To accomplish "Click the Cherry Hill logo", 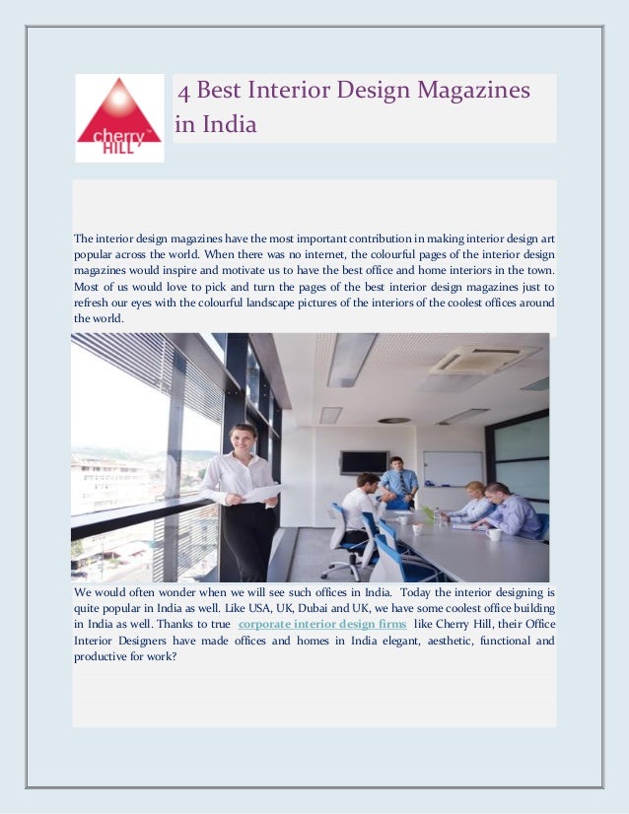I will click(119, 117).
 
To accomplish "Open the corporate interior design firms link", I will click(322, 624).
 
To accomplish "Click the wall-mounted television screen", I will click(364, 461).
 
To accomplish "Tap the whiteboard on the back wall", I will click(453, 469).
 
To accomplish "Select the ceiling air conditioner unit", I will click(484, 360).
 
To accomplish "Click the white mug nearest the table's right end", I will click(493, 534).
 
